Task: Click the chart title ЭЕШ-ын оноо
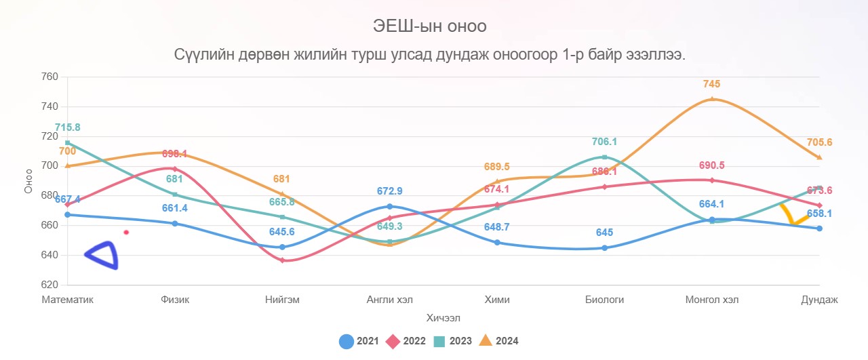(430, 26)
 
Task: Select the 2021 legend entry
(359, 341)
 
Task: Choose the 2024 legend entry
(498, 341)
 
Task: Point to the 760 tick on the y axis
(50, 77)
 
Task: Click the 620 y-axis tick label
(50, 285)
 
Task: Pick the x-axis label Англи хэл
(389, 300)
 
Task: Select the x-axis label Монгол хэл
(712, 300)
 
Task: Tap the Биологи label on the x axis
(604, 300)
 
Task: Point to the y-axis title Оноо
(28, 181)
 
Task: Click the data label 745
(711, 84)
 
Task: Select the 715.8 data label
(68, 127)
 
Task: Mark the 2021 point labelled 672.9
(389, 206)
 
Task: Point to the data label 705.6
(820, 142)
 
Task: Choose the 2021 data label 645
(604, 233)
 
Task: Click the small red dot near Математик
(126, 233)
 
